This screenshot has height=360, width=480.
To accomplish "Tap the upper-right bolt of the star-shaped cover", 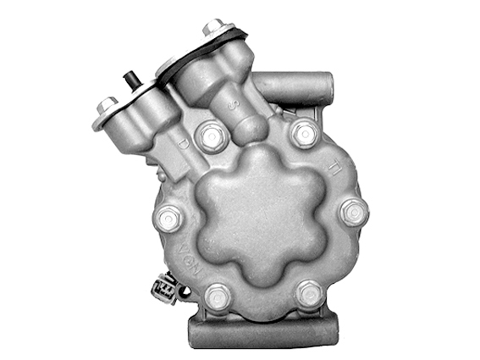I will coord(305,131).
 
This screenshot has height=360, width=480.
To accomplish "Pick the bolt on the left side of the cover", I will coord(168,218).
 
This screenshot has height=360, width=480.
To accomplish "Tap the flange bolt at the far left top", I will coord(107,105).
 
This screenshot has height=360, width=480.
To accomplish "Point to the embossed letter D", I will coord(183,144).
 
